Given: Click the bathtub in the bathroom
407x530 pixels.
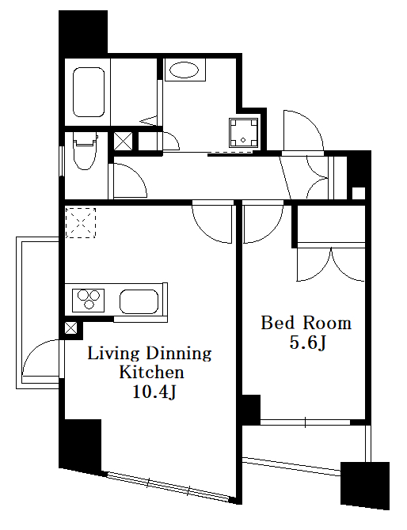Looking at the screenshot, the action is (x=89, y=92).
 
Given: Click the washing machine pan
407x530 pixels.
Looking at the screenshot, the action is (x=244, y=133).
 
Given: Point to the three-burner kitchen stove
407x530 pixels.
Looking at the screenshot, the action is (x=89, y=300).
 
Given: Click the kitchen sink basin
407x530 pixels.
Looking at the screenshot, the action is (x=139, y=301).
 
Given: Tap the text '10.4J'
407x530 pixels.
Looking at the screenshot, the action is (x=154, y=392).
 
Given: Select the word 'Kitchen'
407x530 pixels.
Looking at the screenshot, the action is (x=151, y=372).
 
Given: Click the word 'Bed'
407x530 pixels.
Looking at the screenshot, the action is (x=278, y=323).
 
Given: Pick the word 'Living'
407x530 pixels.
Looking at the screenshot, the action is (x=113, y=354).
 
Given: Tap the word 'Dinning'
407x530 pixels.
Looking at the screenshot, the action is (x=179, y=354).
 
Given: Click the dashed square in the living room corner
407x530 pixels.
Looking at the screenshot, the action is (x=81, y=223).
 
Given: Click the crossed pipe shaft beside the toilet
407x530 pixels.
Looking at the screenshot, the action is (x=123, y=142).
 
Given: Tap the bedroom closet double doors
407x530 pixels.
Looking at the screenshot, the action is (x=331, y=264).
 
